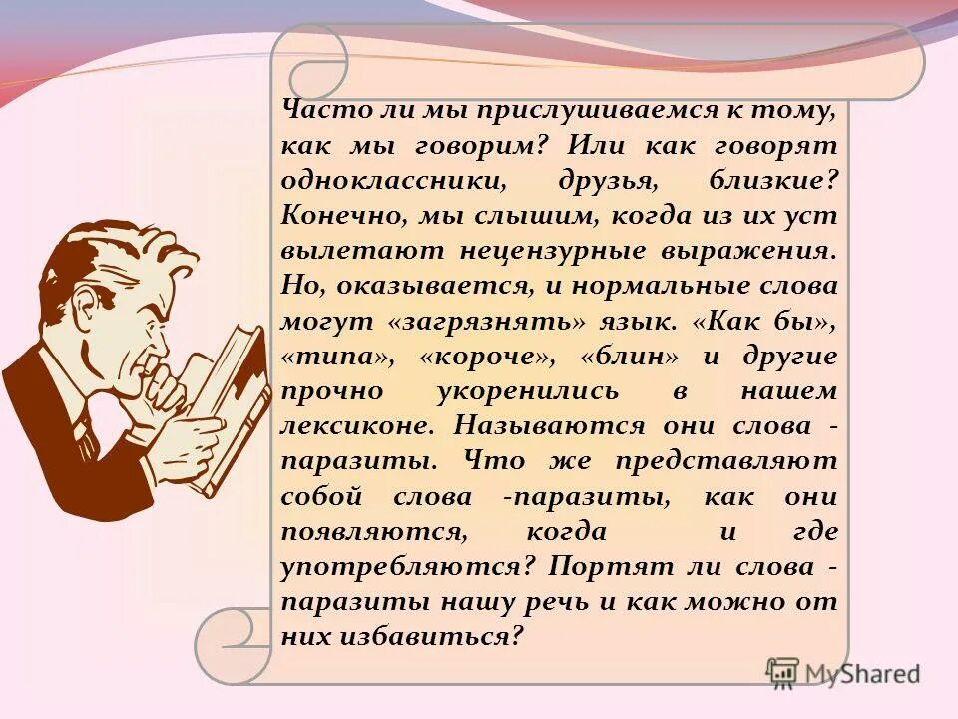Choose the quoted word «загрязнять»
click(x=483, y=322)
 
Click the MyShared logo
click(x=843, y=672)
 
